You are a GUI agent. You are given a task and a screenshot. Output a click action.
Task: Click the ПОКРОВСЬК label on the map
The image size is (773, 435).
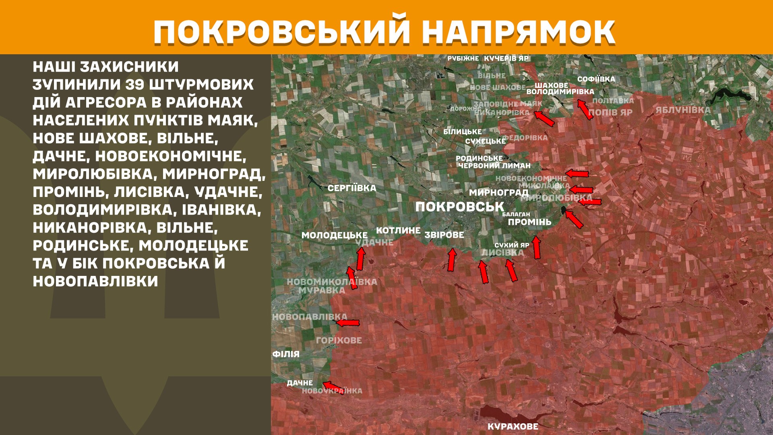(x=459, y=207)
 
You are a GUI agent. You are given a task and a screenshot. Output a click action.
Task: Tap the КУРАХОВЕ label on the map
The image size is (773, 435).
(x=513, y=427)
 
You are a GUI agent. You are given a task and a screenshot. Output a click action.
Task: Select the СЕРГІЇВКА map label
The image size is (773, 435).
(x=351, y=188)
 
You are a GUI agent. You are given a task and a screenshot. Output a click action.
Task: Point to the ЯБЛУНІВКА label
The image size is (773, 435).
(x=683, y=110)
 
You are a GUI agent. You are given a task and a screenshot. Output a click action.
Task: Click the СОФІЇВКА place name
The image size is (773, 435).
(x=596, y=79)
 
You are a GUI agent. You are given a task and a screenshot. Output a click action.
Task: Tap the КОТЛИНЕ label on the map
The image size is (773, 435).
(x=398, y=230)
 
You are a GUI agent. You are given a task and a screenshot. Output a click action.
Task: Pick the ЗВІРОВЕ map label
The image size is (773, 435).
(x=444, y=235)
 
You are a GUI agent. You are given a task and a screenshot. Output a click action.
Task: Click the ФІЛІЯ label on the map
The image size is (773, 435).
(x=286, y=354)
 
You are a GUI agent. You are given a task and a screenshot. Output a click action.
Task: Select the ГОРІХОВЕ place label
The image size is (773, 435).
(x=339, y=340)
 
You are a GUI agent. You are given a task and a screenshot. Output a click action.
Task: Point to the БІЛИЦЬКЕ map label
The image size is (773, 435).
(x=462, y=132)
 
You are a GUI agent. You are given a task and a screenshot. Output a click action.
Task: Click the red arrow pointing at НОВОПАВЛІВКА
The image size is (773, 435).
(x=348, y=323)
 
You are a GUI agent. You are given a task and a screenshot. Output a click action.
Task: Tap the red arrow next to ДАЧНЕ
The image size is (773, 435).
(x=333, y=387)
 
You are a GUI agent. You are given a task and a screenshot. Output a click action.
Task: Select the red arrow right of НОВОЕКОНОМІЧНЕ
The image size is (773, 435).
(x=577, y=174)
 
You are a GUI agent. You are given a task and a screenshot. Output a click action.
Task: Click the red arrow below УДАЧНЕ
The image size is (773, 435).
(x=360, y=258)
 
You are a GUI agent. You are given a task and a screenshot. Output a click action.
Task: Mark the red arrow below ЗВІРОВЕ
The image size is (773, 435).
(x=452, y=260)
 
